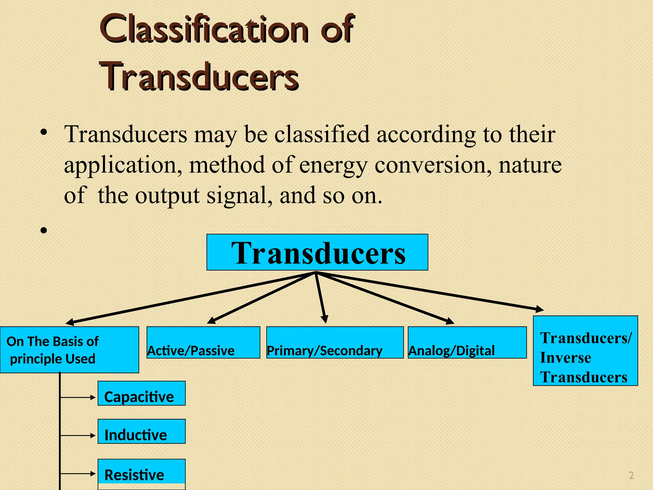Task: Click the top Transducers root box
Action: point(317,252)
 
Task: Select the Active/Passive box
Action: point(203,343)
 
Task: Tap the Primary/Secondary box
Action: point(335,343)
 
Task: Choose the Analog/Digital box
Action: point(467,343)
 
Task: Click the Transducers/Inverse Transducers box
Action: point(585,351)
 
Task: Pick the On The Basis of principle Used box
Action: point(70,350)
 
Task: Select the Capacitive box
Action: point(142,393)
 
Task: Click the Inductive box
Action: point(142,432)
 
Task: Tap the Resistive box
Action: point(142,472)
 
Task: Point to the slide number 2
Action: point(631,476)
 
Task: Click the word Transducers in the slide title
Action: point(199,77)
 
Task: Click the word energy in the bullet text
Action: point(333,165)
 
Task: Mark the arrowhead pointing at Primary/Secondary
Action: point(325,319)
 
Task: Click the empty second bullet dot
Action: point(44,230)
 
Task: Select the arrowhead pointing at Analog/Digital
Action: point(450,321)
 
